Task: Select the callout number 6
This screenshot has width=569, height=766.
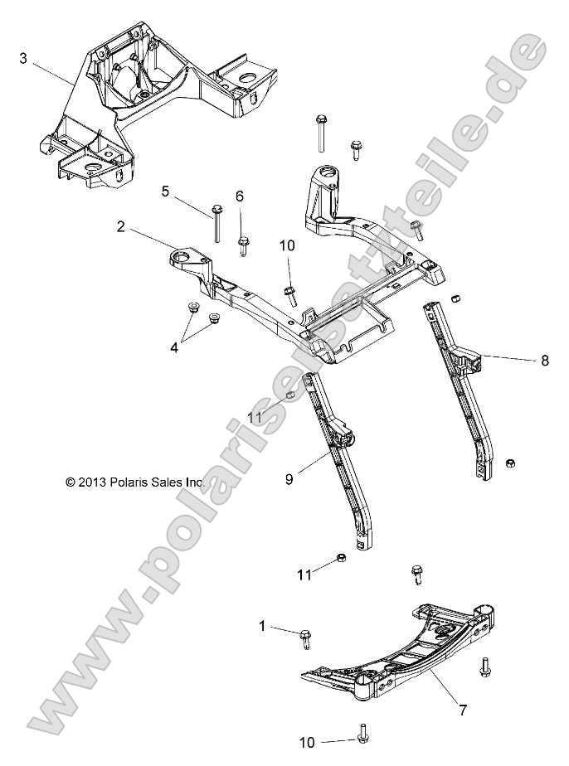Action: tap(240, 196)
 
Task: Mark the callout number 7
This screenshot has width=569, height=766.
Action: tap(464, 710)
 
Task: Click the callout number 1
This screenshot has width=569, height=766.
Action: tap(263, 628)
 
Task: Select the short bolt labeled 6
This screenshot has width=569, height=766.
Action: tap(244, 244)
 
